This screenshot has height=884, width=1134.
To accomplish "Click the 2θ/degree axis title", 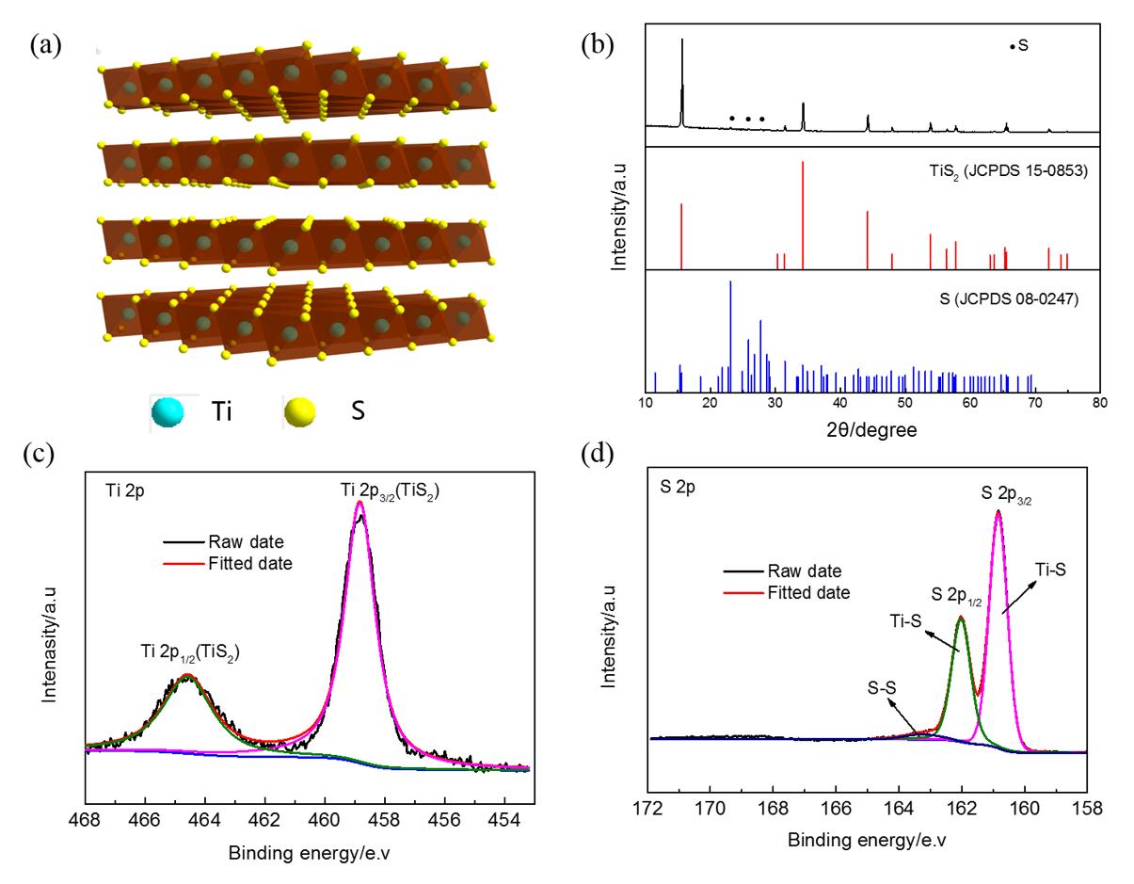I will [x=871, y=431].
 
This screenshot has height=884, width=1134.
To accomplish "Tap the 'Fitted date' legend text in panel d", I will [x=809, y=593].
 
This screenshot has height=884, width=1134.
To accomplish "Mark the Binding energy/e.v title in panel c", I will [x=306, y=829].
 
